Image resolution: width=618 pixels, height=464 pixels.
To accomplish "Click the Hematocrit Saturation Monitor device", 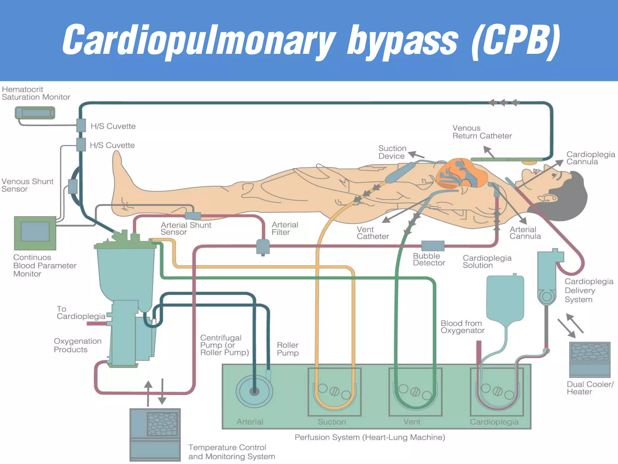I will coord(35,113).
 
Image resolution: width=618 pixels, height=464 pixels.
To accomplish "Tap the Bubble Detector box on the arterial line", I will coord(433,246).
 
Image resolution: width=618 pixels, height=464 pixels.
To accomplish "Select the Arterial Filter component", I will coord(263,246).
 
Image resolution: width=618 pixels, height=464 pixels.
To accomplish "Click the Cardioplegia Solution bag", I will coord(505,299).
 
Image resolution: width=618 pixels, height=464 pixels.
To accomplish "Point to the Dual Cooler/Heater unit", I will coord(590,359).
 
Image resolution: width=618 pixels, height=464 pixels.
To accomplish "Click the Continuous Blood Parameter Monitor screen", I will coord(35,232).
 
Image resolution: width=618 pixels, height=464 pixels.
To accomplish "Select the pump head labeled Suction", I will coord(334,391).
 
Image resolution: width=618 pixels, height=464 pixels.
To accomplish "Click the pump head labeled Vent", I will coord(415,391).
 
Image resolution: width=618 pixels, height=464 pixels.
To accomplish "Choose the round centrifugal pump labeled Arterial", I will coord(254,391).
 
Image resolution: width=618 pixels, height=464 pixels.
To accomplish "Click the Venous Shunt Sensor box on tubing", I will coord(73,186).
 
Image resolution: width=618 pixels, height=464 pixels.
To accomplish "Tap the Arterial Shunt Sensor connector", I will coord(193,216).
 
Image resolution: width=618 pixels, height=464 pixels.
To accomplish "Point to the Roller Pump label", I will coord(288,349).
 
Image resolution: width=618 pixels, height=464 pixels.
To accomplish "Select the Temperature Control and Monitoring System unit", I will coord(155,434).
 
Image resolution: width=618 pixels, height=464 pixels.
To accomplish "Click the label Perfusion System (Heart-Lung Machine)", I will coord(370,437).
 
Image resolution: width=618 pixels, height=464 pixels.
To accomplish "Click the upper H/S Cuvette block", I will coord(81,125).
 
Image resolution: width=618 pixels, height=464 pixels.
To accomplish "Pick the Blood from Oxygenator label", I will coord(462,327).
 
